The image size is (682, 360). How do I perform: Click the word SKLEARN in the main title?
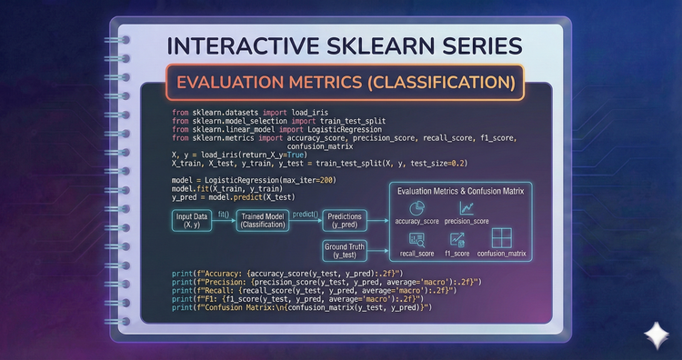tap(338, 45)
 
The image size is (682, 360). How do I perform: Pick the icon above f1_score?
tap(458, 239)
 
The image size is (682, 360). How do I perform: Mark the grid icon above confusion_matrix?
tap(502, 238)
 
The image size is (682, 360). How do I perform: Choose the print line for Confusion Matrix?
tap(302, 308)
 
